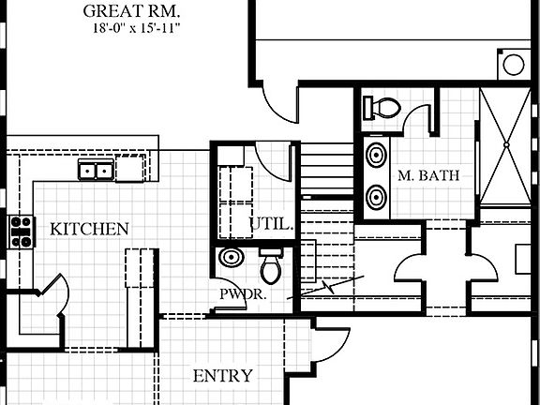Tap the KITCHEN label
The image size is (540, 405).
pyautogui.click(x=89, y=229)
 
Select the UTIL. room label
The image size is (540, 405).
pyautogui.click(x=273, y=224)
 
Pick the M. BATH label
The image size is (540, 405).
pyautogui.click(x=427, y=175)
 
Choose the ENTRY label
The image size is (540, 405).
pyautogui.click(x=222, y=376)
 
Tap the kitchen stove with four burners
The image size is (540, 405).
pyautogui.click(x=21, y=232)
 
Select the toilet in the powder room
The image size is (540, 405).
pyautogui.click(x=271, y=266)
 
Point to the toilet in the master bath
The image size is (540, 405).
pyautogui.click(x=382, y=107)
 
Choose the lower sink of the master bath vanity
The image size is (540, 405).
pyautogui.click(x=375, y=197)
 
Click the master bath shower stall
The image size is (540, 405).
pyautogui.click(x=505, y=145)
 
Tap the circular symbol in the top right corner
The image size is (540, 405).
pyautogui.click(x=514, y=65)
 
